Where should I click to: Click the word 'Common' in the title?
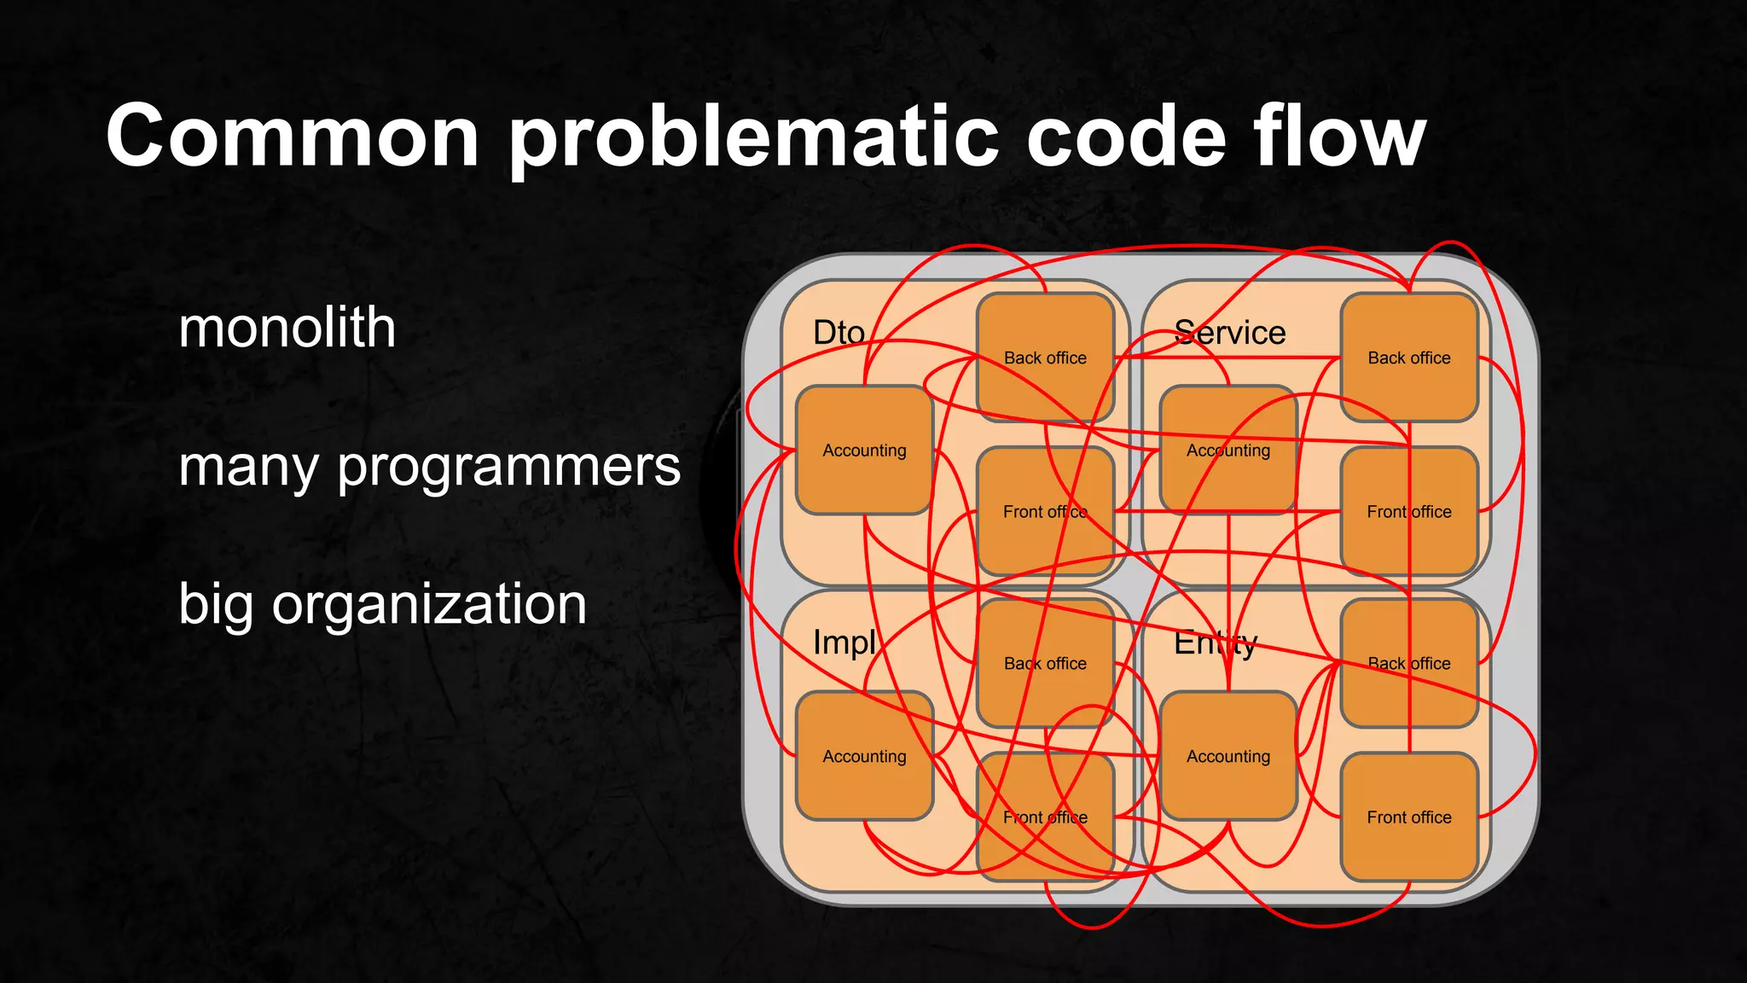293,137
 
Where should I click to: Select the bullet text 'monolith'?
287,328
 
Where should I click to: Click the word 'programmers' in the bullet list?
509,468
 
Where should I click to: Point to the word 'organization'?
429,604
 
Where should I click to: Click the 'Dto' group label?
839,333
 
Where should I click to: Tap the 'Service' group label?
1229,333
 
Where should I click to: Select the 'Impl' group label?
844,643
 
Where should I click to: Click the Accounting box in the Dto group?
864,450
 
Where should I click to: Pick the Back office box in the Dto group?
1045,358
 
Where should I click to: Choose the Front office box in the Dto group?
1045,511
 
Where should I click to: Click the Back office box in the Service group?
1409,358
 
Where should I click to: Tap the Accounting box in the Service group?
1228,450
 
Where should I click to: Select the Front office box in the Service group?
1409,511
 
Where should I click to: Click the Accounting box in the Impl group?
864,756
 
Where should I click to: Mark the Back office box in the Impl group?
1045,663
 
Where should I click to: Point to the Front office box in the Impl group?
1045,817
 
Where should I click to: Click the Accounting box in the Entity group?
1228,756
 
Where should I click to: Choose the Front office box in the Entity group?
1409,817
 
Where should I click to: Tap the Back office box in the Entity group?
1409,663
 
